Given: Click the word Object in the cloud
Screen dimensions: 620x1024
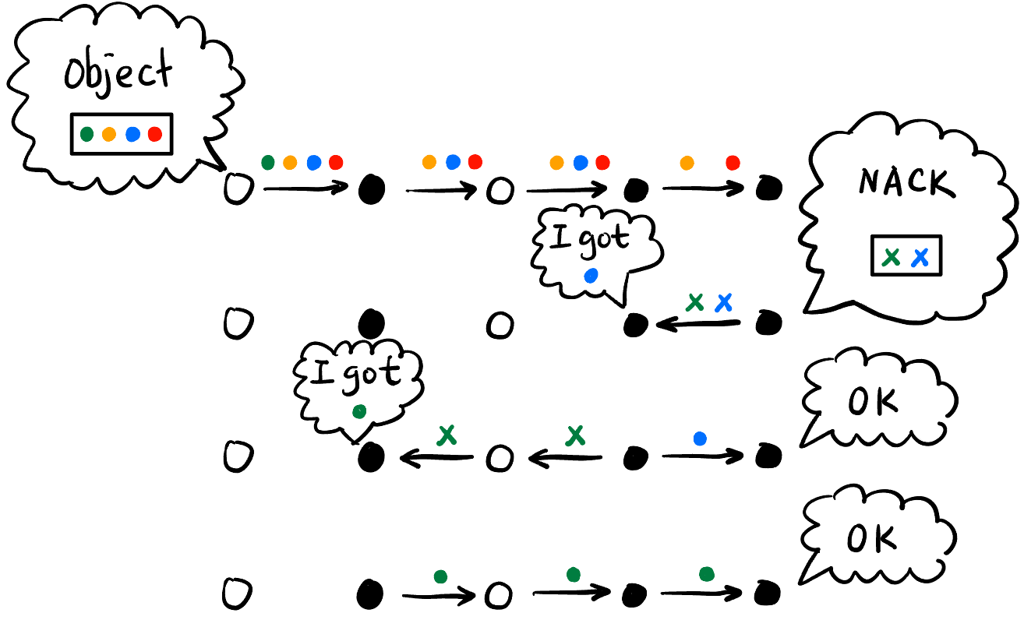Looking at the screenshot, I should click(x=118, y=76).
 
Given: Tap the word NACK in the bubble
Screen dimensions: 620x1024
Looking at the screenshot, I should click(x=905, y=182).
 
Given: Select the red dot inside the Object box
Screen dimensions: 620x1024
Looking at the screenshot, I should click(x=154, y=134).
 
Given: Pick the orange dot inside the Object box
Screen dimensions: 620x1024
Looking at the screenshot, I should click(x=109, y=134).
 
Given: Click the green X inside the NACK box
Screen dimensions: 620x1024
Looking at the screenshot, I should click(x=893, y=256).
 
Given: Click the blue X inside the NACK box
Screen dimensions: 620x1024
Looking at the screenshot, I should click(x=920, y=256).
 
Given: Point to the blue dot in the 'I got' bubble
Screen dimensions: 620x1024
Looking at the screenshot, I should click(x=591, y=275).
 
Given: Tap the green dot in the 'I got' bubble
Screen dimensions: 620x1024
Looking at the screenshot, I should click(x=359, y=411).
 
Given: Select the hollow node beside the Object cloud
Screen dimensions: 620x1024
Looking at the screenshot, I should click(x=235, y=189).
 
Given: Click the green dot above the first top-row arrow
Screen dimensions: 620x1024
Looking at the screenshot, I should click(x=268, y=162).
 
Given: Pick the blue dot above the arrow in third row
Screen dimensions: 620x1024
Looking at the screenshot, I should click(x=700, y=439).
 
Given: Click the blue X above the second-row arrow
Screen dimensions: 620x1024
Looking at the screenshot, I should click(x=724, y=302).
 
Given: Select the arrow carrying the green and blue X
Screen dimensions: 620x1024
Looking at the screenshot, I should click(x=697, y=323).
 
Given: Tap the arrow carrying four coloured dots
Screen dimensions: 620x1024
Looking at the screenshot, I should click(x=304, y=188).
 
